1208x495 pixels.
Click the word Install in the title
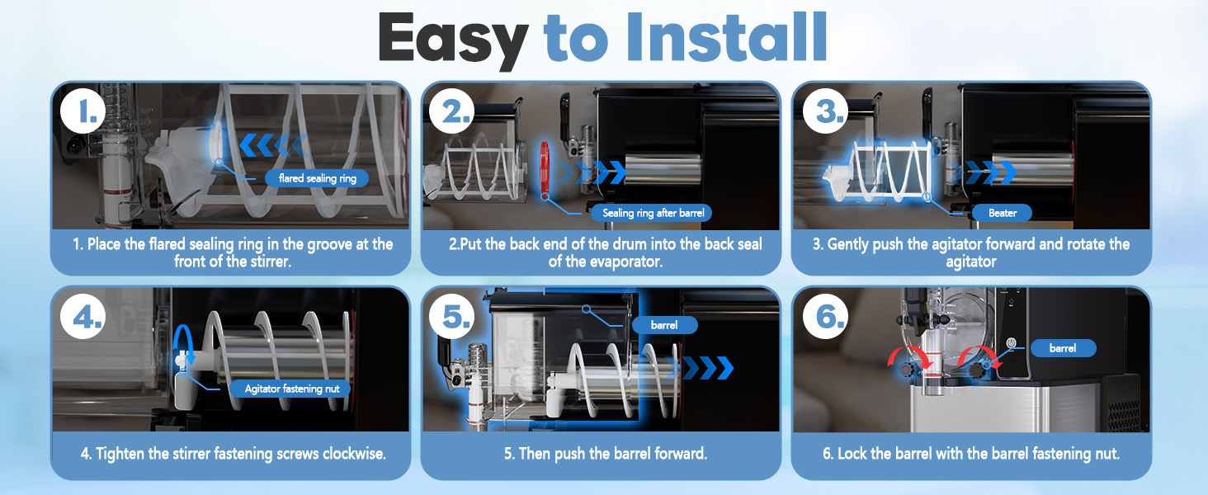pyautogui.click(x=726, y=36)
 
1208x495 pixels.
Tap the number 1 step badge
pyautogui.click(x=83, y=111)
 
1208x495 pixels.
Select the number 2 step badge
pyautogui.click(x=452, y=111)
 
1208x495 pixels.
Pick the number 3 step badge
pyautogui.click(x=825, y=111)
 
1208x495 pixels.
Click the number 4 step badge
pyautogui.click(x=83, y=317)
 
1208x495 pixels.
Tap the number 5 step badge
pyautogui.click(x=452, y=317)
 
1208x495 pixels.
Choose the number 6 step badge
pyautogui.click(x=825, y=317)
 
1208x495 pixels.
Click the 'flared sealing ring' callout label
pyautogui.click(x=317, y=178)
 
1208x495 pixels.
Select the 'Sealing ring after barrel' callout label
pyautogui.click(x=653, y=213)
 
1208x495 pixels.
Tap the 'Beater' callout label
pyautogui.click(x=1003, y=213)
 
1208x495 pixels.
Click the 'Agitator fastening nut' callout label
pyautogui.click(x=292, y=389)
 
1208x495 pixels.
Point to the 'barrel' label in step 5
pyautogui.click(x=664, y=325)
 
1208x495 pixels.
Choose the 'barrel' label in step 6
pyautogui.click(x=1063, y=348)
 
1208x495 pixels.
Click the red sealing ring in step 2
pyautogui.click(x=545, y=168)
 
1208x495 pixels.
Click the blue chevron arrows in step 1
pyautogui.click(x=273, y=145)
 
